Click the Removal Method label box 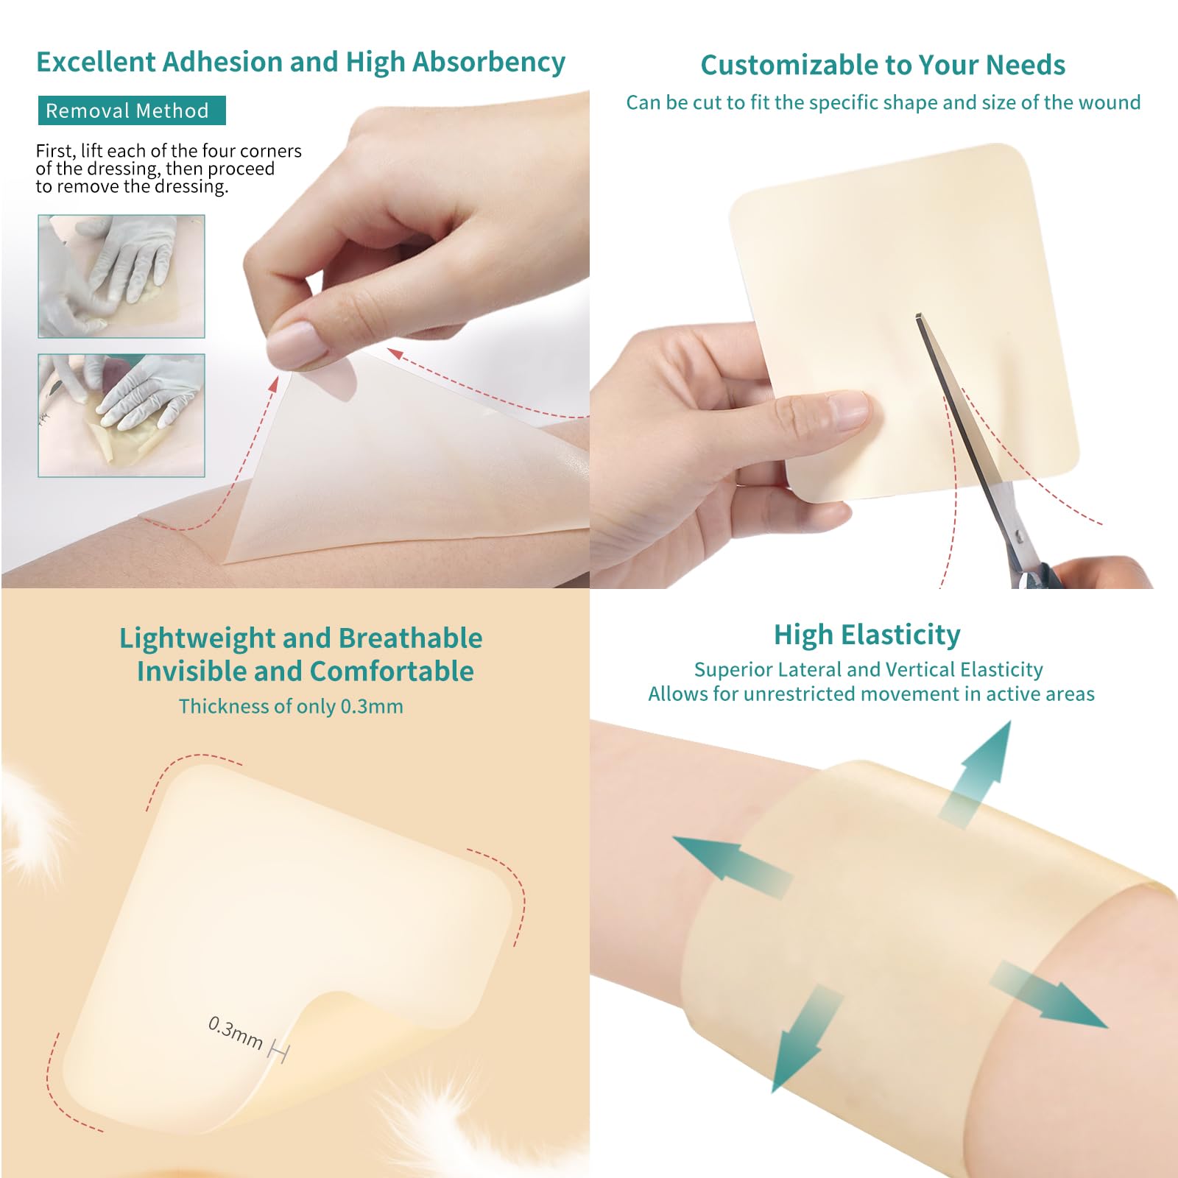coord(131,111)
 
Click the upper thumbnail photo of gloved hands coord(121,276)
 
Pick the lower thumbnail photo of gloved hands coord(121,415)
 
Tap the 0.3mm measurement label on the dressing coord(236,1032)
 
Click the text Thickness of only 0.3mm coord(291,707)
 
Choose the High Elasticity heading coord(867,635)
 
